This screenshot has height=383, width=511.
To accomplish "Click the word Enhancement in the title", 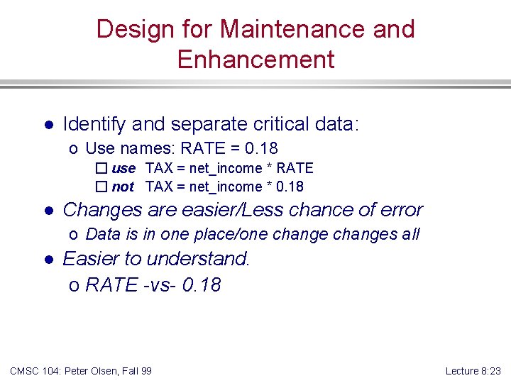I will click(x=255, y=60).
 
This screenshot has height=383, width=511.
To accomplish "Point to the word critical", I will click(x=278, y=125).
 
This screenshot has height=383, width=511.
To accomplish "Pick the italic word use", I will click(x=123, y=169).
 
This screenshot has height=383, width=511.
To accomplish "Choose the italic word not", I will click(x=123, y=187).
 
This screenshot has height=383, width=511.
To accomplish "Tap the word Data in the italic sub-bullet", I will click(x=102, y=235).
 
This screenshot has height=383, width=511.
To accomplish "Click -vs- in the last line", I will click(x=160, y=285).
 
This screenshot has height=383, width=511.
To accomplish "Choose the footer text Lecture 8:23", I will click(x=473, y=371).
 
